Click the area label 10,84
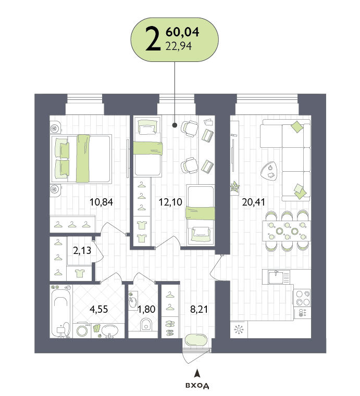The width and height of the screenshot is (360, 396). pyautogui.click(x=102, y=202)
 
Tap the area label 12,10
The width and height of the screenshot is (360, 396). pyautogui.click(x=170, y=202)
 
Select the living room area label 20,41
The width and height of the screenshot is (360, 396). pyautogui.click(x=254, y=202)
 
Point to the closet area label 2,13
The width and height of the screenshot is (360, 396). pyautogui.click(x=82, y=250)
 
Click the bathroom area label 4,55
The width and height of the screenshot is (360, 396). pyautogui.click(x=99, y=309)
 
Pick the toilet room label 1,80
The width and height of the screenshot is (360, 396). pyautogui.click(x=146, y=309)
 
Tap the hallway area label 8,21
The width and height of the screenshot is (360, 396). pyautogui.click(x=199, y=309)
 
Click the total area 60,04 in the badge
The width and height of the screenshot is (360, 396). pyautogui.click(x=182, y=32)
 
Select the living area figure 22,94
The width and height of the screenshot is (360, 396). pyautogui.click(x=179, y=46)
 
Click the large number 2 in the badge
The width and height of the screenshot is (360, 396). pyautogui.click(x=153, y=39)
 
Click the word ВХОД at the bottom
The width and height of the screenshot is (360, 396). pyautogui.click(x=197, y=386)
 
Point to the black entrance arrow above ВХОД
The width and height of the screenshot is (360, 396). pyautogui.click(x=197, y=373)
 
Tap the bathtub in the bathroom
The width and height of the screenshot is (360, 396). pyautogui.click(x=60, y=314)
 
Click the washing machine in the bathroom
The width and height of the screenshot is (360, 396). pyautogui.click(x=82, y=330)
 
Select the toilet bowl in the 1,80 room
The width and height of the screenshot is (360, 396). pyautogui.click(x=146, y=324)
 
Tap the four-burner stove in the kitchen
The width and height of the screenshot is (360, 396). pyautogui.click(x=303, y=298)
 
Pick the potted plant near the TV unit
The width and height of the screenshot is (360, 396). pyautogui.click(x=234, y=187)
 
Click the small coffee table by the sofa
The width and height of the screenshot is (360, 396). pyautogui.click(x=269, y=171)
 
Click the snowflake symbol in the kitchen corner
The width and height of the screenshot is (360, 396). pyautogui.click(x=239, y=329)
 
